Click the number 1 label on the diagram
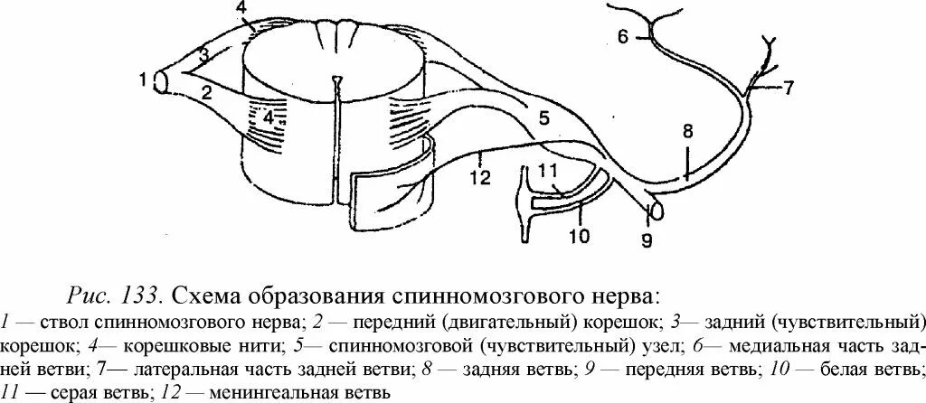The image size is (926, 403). coord(143,80)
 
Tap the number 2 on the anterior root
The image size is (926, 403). coord(206,90)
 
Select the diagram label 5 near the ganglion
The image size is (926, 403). coord(543,117)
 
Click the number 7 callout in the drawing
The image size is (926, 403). coord(788,88)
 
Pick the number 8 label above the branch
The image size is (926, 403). coord(687,130)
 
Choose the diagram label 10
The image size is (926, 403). coord(579,237)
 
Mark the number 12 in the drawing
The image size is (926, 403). coord(480,178)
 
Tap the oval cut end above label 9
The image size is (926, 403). coord(655,210)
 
